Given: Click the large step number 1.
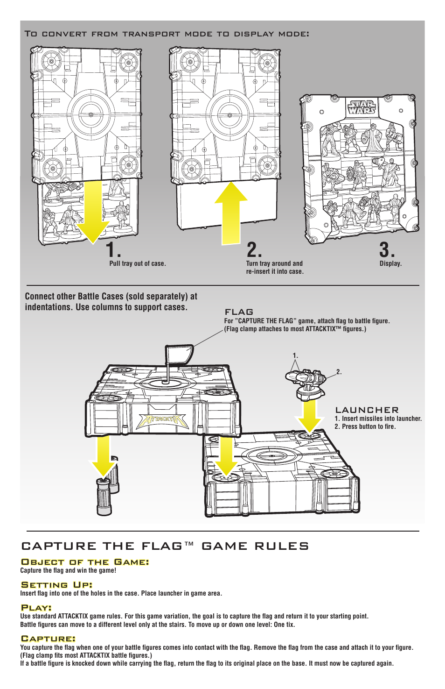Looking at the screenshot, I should click(x=112, y=250).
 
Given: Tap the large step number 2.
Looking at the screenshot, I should click(x=254, y=250).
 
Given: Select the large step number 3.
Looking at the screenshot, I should click(x=386, y=250).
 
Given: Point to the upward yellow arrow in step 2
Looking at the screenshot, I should click(x=231, y=213).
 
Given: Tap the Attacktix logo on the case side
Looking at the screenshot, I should click(x=162, y=420).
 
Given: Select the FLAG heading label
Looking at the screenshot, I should click(x=239, y=312).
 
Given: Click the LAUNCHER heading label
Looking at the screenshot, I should click(x=367, y=410).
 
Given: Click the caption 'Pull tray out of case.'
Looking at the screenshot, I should click(x=138, y=263).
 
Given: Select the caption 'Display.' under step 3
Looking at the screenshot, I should click(x=390, y=263).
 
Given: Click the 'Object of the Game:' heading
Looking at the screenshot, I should click(x=85, y=562).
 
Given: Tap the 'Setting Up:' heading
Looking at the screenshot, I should click(x=56, y=584).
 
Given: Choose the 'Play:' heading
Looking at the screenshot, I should click(x=36, y=607).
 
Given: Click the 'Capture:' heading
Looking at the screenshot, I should click(x=48, y=638).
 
